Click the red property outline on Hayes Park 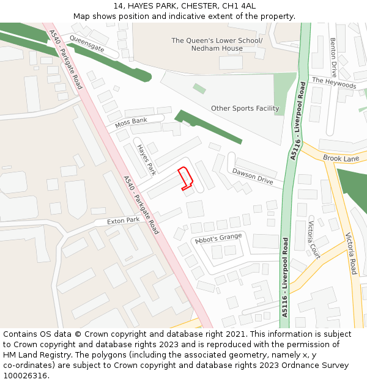pos(186,178)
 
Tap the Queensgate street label pos(87,43)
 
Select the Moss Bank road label pos(131,122)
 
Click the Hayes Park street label pos(147,159)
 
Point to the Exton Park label pos(124,221)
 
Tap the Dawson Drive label pos(253,176)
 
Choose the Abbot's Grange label pos(218,238)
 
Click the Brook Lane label pos(341,158)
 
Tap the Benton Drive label pos(333,57)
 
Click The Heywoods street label pos(334,83)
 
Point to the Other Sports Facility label pos(245,109)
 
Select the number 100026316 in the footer pos(25,376)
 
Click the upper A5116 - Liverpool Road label pos(297,121)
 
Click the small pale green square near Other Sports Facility pos(199,89)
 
